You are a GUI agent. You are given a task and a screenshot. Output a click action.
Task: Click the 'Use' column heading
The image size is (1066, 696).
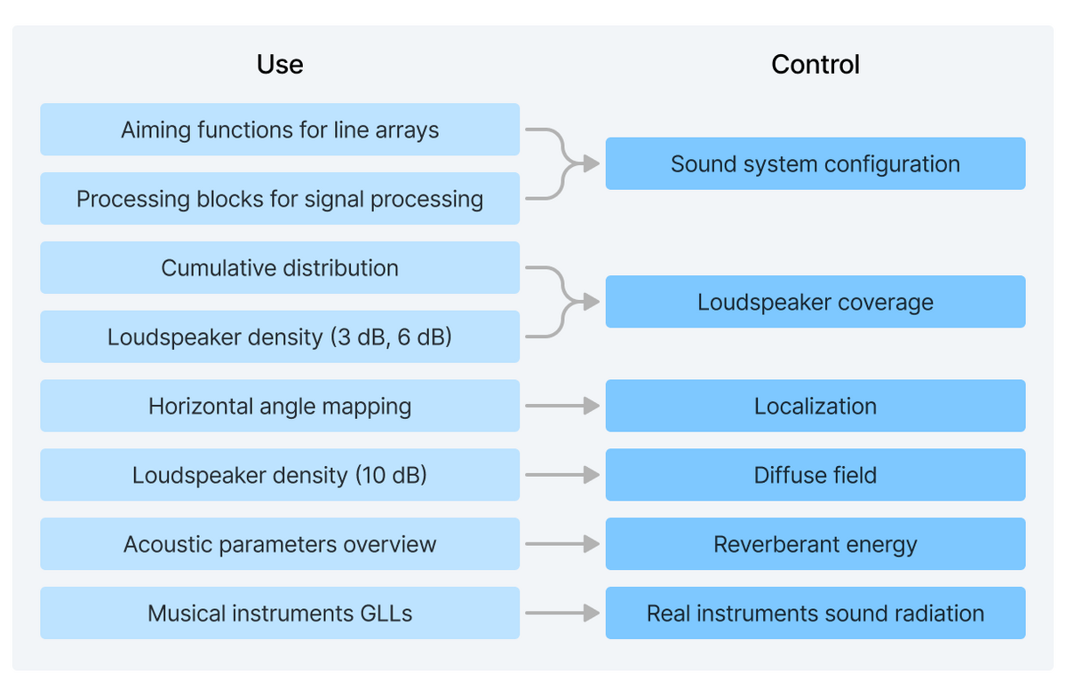coord(280,65)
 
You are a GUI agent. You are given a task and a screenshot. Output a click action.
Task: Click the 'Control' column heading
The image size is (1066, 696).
coord(815,65)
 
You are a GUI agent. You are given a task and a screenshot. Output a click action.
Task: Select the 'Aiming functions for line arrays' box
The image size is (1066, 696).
coord(280,130)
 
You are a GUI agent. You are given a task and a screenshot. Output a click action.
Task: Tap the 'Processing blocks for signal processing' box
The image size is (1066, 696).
coord(280,199)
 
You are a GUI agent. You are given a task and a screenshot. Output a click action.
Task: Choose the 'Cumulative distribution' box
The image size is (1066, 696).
coord(280,268)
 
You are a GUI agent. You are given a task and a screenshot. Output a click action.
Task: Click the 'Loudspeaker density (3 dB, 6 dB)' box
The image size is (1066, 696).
coord(280,337)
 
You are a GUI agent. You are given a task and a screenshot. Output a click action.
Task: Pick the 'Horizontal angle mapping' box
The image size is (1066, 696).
coord(280,407)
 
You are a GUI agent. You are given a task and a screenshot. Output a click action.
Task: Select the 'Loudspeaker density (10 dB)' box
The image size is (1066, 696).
coord(280,476)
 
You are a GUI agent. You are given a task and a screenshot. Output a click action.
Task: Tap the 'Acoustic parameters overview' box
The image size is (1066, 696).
coord(280,544)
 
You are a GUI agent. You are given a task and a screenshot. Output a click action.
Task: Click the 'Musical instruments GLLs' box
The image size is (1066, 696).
coord(280,613)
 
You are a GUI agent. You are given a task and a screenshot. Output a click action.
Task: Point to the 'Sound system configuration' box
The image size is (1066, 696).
coord(815,164)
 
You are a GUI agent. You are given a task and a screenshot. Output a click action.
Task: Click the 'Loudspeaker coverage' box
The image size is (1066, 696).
coord(815,303)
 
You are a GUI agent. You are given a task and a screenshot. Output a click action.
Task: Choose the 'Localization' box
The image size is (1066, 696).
coord(815,407)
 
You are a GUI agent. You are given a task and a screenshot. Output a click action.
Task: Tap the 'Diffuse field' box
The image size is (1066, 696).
coord(815,476)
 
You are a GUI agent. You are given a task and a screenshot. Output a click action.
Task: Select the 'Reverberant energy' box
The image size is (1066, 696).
coord(815,544)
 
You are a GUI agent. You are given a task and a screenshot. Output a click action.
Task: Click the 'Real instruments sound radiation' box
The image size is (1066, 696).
coord(815,613)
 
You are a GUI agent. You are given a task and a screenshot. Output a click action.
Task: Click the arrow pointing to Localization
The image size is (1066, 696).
coord(562,407)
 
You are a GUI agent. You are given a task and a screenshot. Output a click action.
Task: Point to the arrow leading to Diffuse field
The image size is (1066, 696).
coord(562,476)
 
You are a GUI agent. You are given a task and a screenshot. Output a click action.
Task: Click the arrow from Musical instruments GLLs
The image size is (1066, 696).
coord(562,613)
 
